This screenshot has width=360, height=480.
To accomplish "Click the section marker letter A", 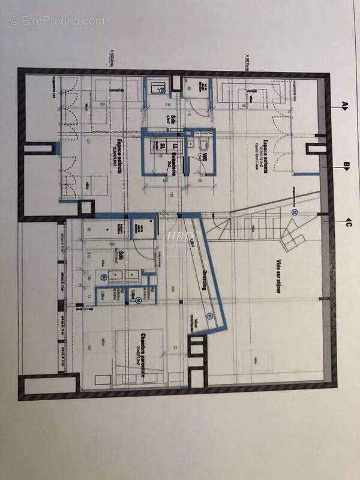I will [x=345, y=106].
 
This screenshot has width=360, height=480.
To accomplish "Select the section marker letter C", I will [x=346, y=224].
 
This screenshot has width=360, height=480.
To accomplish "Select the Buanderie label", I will [x=172, y=155].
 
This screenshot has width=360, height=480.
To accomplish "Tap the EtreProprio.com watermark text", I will [x=57, y=20].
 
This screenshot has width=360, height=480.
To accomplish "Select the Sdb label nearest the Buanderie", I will [x=172, y=118].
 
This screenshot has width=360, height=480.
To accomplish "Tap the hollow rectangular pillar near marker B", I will [x=313, y=155].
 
